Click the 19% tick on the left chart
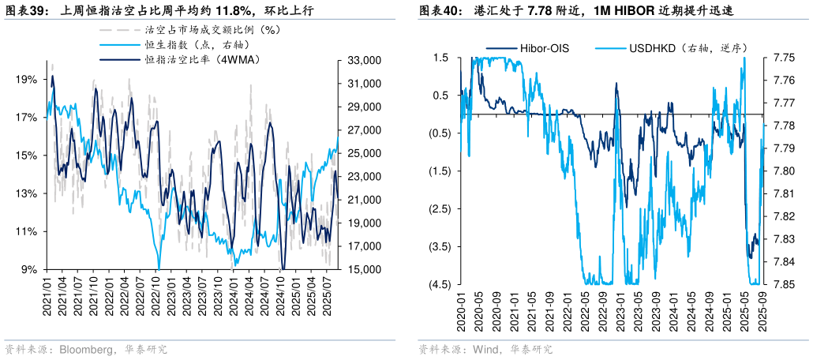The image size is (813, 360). click(26, 80)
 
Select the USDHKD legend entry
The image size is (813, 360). click(687, 47)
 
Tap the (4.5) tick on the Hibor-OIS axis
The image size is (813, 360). click(440, 284)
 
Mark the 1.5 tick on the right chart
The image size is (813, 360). click(441, 58)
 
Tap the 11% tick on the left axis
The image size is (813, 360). click(26, 232)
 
